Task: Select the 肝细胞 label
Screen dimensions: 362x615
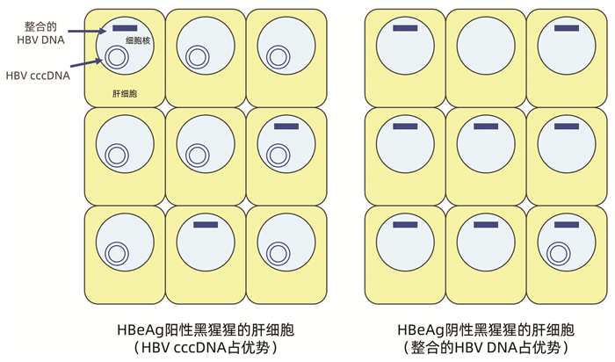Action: tap(123, 93)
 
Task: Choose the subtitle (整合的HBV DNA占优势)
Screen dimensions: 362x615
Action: tap(486, 349)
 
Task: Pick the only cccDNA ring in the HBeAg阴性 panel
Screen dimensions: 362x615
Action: tap(557, 253)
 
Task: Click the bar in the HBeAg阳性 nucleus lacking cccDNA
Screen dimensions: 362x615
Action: tap(205, 225)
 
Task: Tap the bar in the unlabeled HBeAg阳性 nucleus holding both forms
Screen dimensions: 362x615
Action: tap(286, 127)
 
